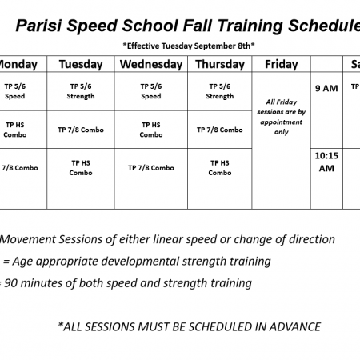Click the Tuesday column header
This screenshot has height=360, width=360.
[x=81, y=64]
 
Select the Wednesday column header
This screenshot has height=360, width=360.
[x=151, y=64]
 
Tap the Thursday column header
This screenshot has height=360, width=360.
[x=220, y=64]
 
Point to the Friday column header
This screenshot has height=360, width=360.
[x=282, y=64]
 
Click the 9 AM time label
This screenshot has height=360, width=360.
[x=326, y=88]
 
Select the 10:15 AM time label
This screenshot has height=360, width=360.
[x=326, y=162]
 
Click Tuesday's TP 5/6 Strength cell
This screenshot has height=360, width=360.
[x=81, y=91]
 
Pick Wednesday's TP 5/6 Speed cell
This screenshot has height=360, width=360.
[x=151, y=91]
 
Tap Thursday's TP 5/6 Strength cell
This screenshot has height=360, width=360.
[x=220, y=91]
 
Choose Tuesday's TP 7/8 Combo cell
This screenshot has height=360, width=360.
[x=81, y=130]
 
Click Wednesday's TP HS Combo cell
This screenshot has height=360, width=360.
[x=151, y=130]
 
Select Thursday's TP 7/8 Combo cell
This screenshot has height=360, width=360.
[x=220, y=130]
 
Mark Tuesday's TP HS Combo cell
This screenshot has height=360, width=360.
[x=81, y=168]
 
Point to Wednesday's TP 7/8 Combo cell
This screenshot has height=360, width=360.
[x=151, y=168]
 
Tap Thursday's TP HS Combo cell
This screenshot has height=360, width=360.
[x=220, y=168]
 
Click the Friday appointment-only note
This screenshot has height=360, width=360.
[x=282, y=117]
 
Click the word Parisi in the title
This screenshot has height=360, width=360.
[x=38, y=26]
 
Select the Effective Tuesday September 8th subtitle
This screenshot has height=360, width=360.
[x=189, y=46]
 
